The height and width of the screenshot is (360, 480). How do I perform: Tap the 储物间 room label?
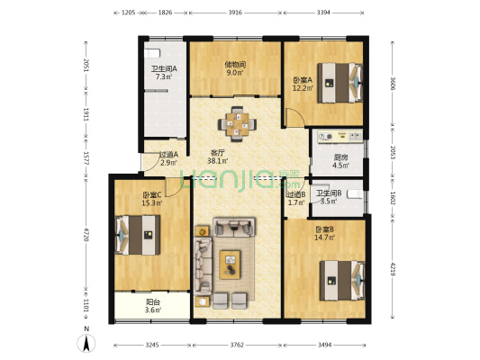pyautogui.click(x=235, y=64)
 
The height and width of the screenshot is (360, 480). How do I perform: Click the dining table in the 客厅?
pyautogui.click(x=238, y=124)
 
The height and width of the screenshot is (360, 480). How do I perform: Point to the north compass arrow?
pyautogui.click(x=86, y=341)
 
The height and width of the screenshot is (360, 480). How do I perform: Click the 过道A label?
pyautogui.click(x=168, y=154)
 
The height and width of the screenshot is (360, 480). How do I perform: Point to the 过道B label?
pyautogui.click(x=296, y=193)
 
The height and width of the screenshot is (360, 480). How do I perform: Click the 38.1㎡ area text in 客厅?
pyautogui.click(x=217, y=161)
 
